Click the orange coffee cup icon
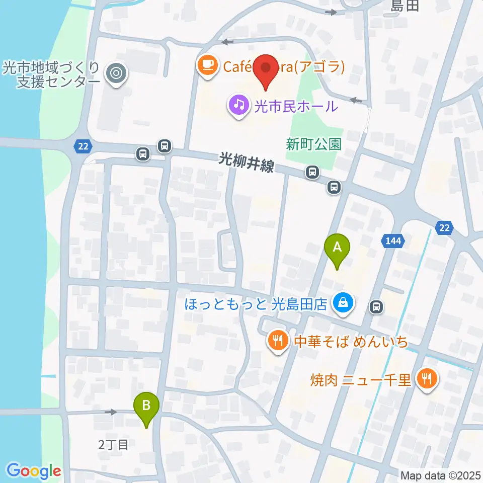click(207, 65)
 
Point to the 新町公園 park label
click(313, 144)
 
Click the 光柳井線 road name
click(247, 163)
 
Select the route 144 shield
click(393, 241)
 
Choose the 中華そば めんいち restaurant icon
click(277, 341)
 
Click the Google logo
click(34, 471)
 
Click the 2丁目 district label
click(113, 444)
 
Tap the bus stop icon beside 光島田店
click(376, 306)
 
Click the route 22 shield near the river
click(83, 146)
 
